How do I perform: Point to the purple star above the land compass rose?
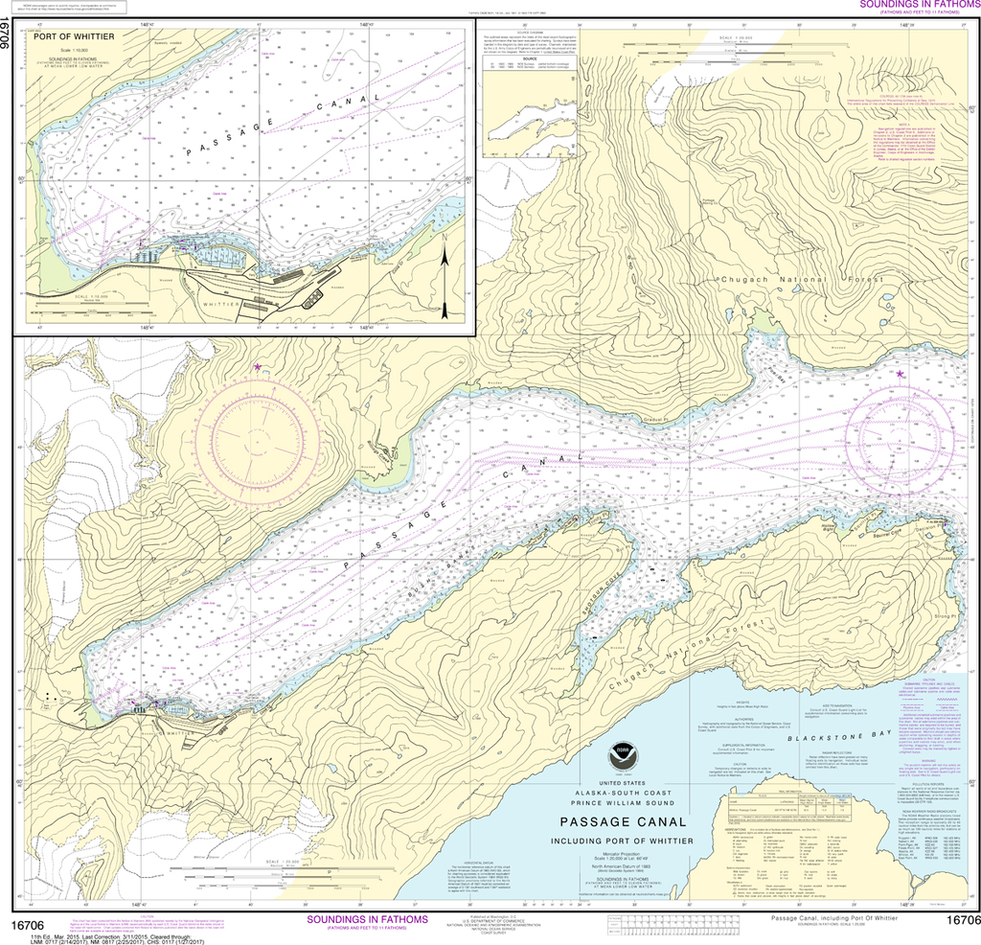(257, 367)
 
